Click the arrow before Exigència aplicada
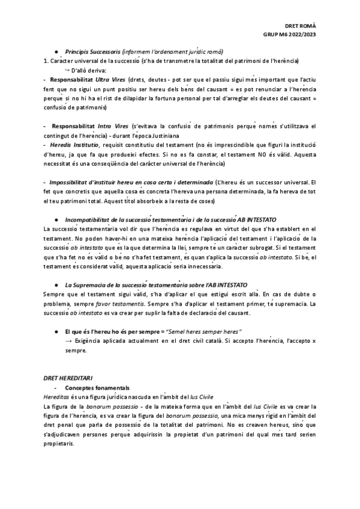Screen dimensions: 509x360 point(68,341)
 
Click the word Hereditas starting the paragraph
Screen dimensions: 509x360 point(57,397)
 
